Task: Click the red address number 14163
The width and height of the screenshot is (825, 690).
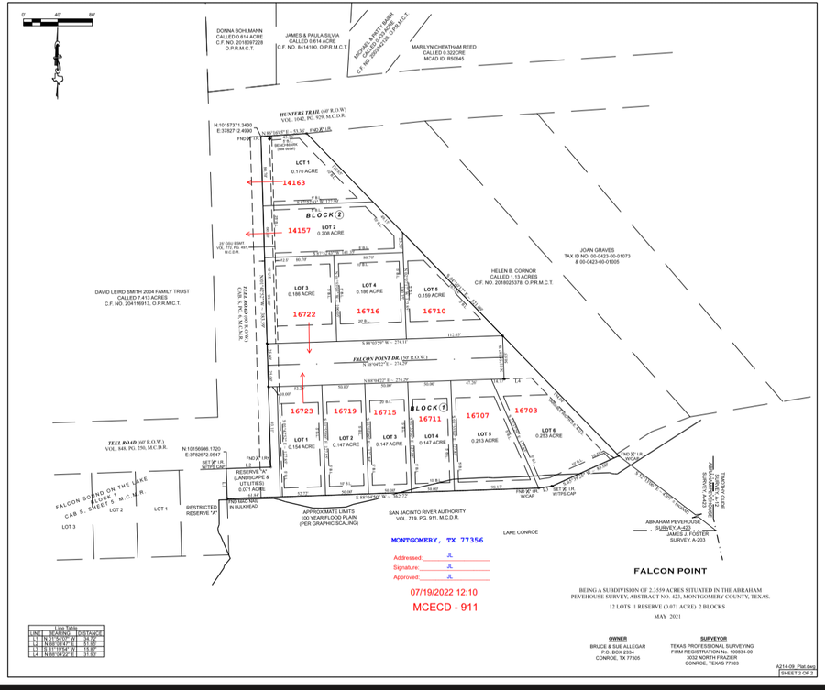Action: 293,183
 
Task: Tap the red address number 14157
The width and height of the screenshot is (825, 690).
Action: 300,230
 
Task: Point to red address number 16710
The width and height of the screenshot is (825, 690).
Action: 434,312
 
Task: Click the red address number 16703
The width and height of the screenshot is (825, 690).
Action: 527,411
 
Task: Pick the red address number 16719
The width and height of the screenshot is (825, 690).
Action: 345,412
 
